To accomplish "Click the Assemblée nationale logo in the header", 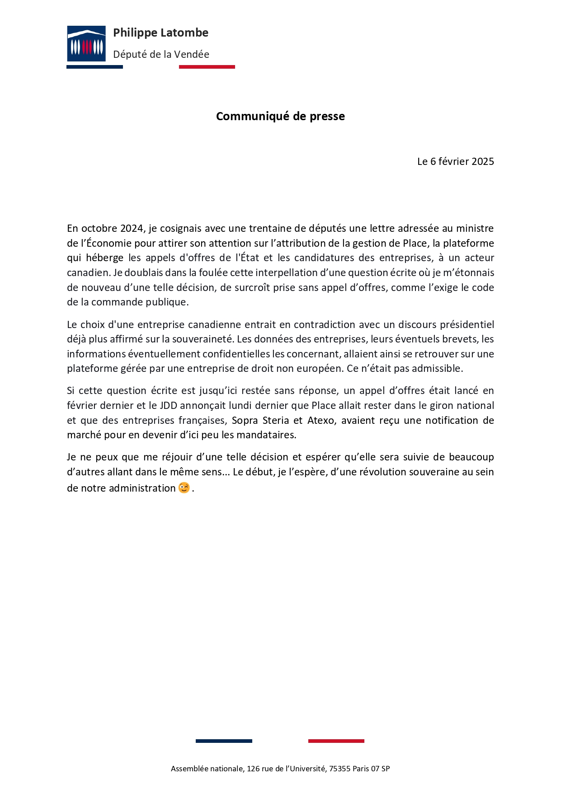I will tap(86, 43).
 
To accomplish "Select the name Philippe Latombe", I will tap(160, 33).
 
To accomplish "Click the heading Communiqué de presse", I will tap(280, 117).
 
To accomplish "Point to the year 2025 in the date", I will tap(482, 162).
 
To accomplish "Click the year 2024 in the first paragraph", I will tap(132, 229).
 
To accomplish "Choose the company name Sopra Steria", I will tap(260, 421).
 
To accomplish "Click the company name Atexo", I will tap(321, 421).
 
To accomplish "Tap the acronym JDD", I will tap(168, 406).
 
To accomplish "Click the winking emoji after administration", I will tap(184, 488).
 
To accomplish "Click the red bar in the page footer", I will tap(336, 741).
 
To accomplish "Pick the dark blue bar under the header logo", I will tap(94, 67).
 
